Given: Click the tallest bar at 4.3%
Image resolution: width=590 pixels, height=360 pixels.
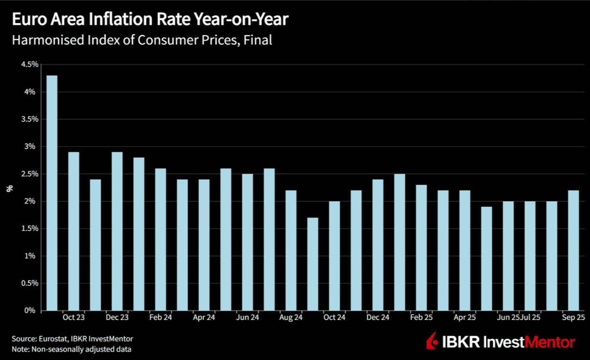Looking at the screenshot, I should [x=51, y=193].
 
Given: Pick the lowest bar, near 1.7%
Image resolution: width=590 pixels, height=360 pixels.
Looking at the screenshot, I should [x=312, y=264].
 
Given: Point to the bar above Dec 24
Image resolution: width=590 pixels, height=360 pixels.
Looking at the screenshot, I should [x=378, y=245].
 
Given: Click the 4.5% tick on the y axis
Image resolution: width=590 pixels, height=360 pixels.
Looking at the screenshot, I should [x=29, y=65].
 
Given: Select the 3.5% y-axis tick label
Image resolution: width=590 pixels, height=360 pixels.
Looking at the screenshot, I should [x=29, y=119].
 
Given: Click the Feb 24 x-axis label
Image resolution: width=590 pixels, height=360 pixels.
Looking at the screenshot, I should [x=160, y=317].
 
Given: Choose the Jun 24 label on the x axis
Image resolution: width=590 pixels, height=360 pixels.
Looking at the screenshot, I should [x=247, y=317].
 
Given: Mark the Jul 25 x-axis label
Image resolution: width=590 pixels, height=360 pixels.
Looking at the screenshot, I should [x=530, y=317].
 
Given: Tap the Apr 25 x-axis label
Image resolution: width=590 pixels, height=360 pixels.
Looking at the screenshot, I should [x=465, y=317].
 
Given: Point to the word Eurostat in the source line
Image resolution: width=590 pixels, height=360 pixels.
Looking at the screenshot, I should [x=52, y=338].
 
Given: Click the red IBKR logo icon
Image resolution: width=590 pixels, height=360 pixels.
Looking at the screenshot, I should [x=432, y=341].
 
